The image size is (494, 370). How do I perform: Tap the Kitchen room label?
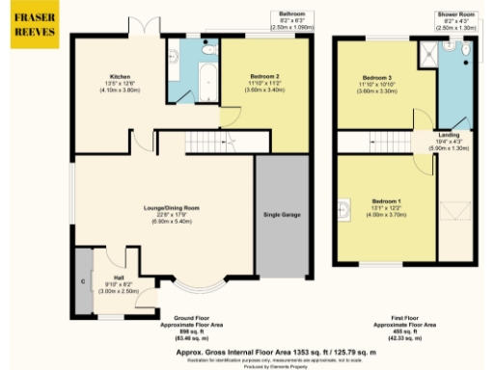(120, 76)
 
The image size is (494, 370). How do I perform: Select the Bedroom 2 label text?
(264, 76)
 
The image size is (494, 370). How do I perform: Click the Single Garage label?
(283, 213)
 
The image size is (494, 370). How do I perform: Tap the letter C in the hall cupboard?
(84, 282)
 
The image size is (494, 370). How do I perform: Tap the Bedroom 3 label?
(376, 77)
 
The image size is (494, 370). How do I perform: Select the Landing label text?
(448, 136)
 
